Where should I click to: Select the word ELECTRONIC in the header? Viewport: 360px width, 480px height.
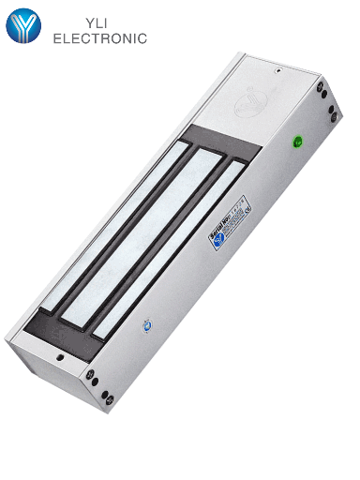point(100,39)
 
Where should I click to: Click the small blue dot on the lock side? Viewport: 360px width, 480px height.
point(145,326)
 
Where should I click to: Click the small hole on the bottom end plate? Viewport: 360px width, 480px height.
point(60,355)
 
